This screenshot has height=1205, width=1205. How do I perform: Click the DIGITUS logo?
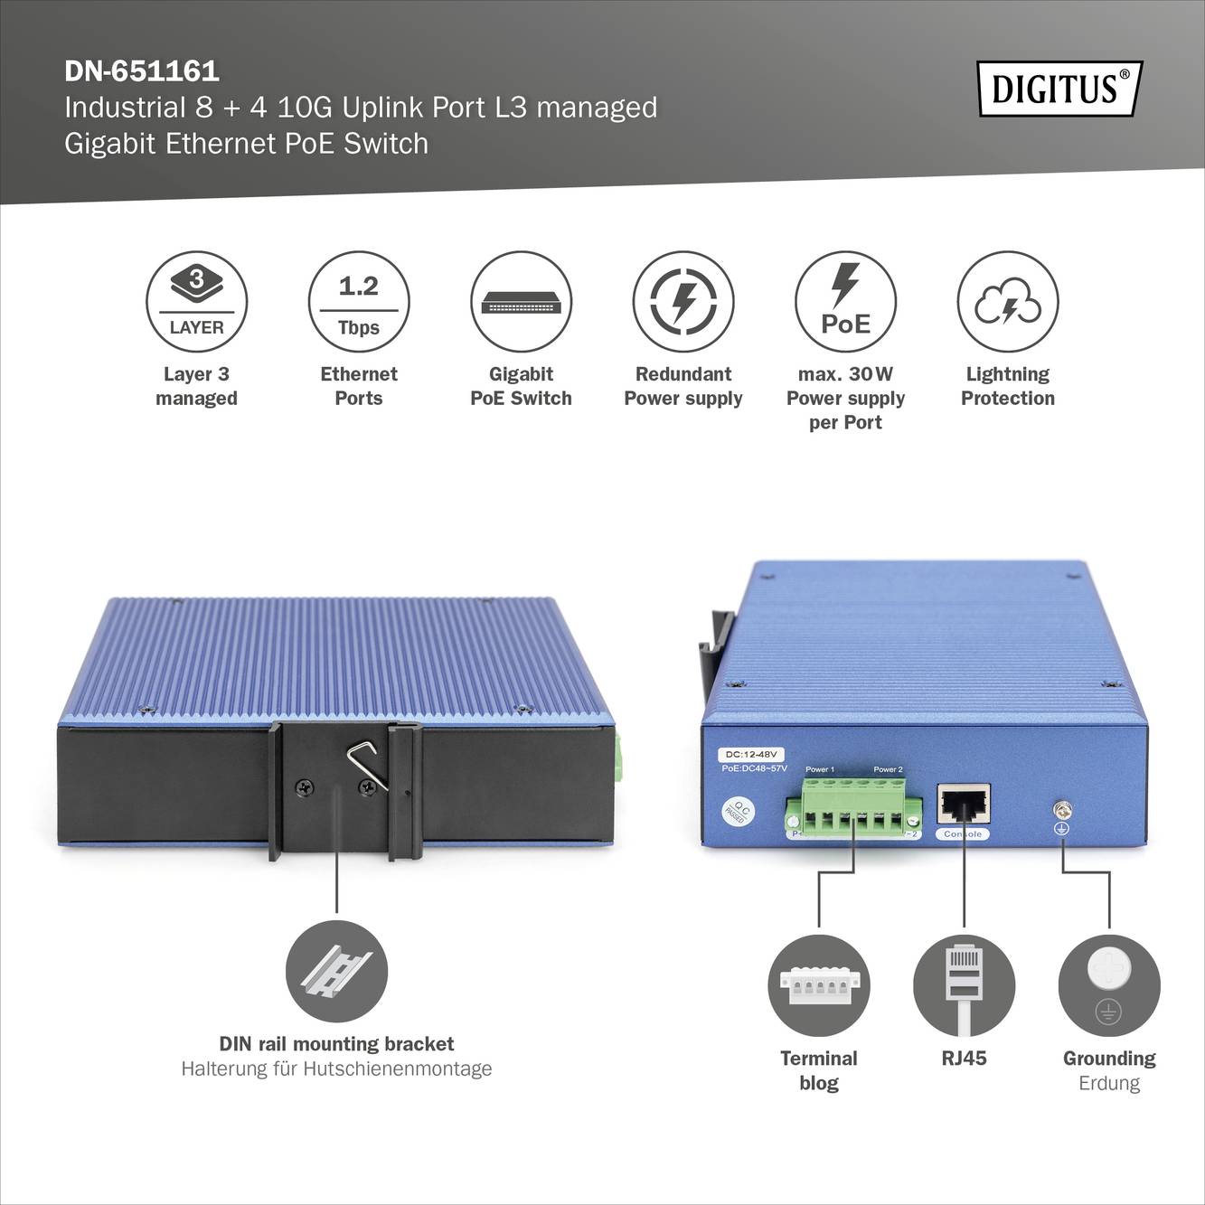(1059, 89)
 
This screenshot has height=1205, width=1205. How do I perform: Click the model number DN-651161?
(142, 71)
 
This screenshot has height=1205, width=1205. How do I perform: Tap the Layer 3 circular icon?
(196, 302)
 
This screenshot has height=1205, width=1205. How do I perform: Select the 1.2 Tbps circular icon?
(359, 302)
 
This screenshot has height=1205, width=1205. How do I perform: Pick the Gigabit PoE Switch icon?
(521, 302)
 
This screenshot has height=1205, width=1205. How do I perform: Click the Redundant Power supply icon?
(683, 302)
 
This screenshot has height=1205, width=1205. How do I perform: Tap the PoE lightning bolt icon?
(845, 302)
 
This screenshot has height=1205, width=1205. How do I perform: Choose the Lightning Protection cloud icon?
(1008, 302)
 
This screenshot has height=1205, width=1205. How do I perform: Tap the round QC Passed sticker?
(739, 810)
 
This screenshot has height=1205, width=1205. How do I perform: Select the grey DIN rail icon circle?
(336, 972)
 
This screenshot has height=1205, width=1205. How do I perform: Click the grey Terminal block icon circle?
(819, 985)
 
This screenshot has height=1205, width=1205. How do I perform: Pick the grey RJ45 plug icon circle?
(964, 985)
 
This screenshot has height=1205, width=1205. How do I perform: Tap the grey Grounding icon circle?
(1109, 985)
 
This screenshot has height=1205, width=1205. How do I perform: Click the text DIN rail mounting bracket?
(336, 1044)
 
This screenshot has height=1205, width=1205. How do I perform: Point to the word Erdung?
(1109, 1083)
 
